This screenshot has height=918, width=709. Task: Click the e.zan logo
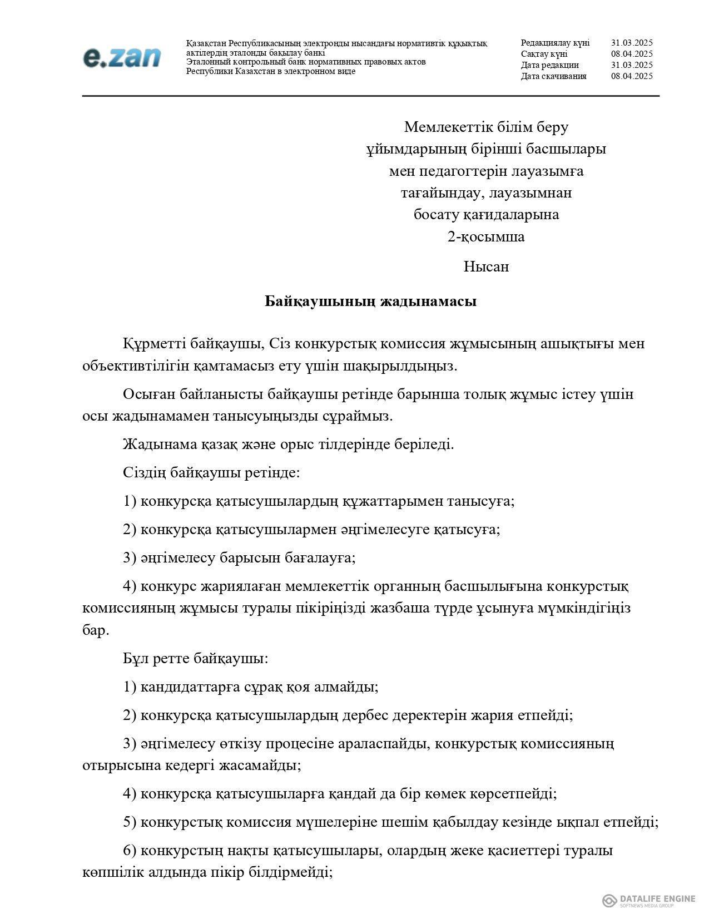click(122, 58)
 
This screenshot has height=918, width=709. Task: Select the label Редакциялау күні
click(555, 43)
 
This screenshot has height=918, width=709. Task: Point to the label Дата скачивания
click(553, 76)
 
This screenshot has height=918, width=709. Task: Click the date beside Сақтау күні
click(632, 54)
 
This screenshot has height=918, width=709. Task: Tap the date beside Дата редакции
click(632, 65)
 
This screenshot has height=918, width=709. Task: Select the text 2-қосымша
click(486, 237)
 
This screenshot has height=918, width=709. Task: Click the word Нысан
click(486, 267)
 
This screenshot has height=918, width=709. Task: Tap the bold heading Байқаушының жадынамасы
click(370, 302)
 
